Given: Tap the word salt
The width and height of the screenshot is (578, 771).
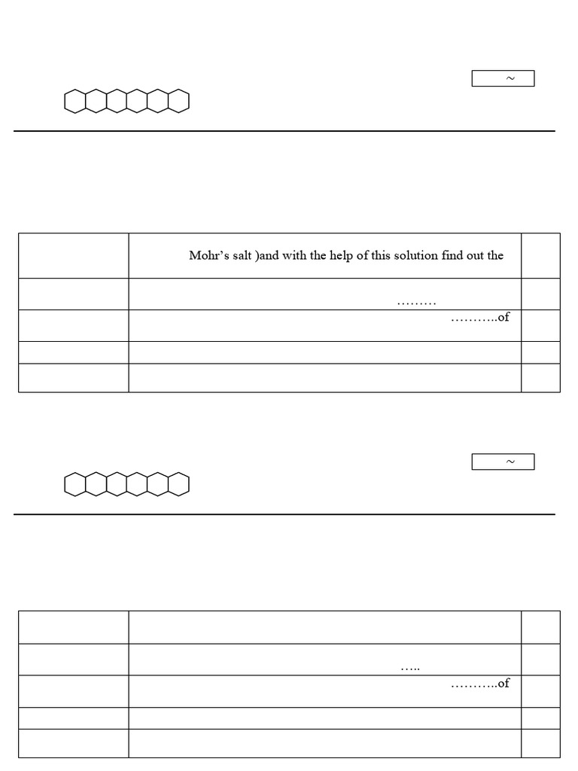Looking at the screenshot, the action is point(242,256).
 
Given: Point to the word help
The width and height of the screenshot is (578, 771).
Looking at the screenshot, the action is point(341,256).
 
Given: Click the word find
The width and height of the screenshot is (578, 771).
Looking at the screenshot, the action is point(452,255).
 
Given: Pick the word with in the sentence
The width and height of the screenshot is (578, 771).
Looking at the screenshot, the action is point(294,255).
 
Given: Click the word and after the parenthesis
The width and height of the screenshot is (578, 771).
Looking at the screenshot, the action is point(269,255).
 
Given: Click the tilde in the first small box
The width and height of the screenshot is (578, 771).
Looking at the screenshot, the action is point(511,78).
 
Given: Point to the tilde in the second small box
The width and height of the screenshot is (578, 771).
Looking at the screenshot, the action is point(511,462).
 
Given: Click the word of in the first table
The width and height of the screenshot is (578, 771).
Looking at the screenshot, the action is point(503,317).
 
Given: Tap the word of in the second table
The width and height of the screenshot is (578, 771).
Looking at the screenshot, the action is point(503,683).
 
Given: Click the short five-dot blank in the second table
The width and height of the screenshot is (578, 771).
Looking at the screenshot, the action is point(410,669).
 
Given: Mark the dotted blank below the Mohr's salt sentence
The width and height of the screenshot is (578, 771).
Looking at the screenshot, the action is point(416,304).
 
